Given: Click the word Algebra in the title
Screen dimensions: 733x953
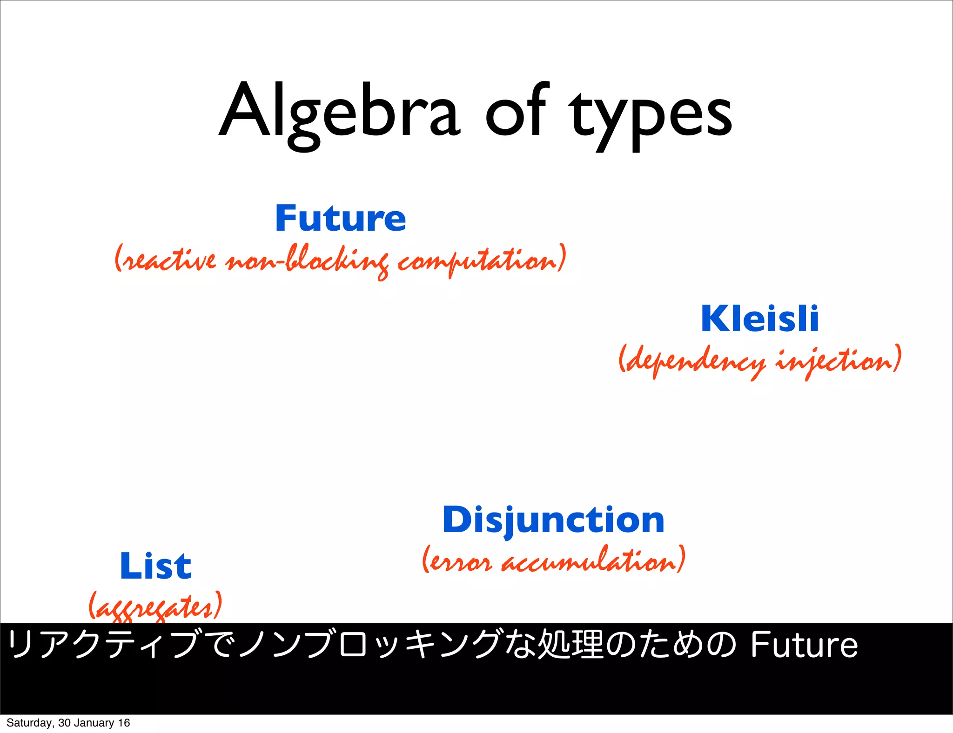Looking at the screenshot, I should [340, 114].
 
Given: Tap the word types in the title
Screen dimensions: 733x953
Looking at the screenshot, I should [651, 116].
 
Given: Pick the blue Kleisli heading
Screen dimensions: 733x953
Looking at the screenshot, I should [759, 319].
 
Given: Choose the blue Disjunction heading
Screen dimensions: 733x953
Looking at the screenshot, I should [553, 520].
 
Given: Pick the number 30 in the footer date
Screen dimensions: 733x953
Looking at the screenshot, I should [64, 723].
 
